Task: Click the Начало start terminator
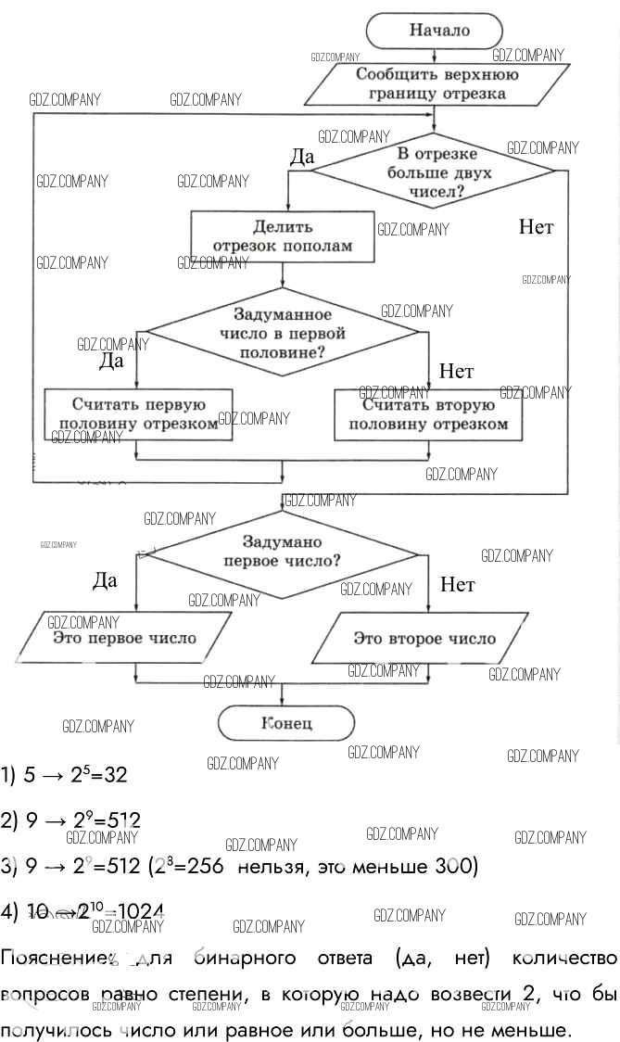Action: click(x=438, y=31)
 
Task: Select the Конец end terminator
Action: click(x=286, y=723)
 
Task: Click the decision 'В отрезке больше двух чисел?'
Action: click(x=431, y=172)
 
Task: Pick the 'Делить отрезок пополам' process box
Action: click(x=283, y=236)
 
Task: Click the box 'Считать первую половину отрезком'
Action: click(x=137, y=413)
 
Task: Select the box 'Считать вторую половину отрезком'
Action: click(x=427, y=413)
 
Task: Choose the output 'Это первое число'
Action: click(x=124, y=638)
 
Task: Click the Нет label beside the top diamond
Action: click(x=536, y=227)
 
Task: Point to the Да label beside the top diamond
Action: click(x=302, y=158)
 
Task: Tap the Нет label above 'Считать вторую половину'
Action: click(x=456, y=372)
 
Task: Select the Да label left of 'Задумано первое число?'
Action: click(x=105, y=581)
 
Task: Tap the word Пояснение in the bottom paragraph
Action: click(x=57, y=957)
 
